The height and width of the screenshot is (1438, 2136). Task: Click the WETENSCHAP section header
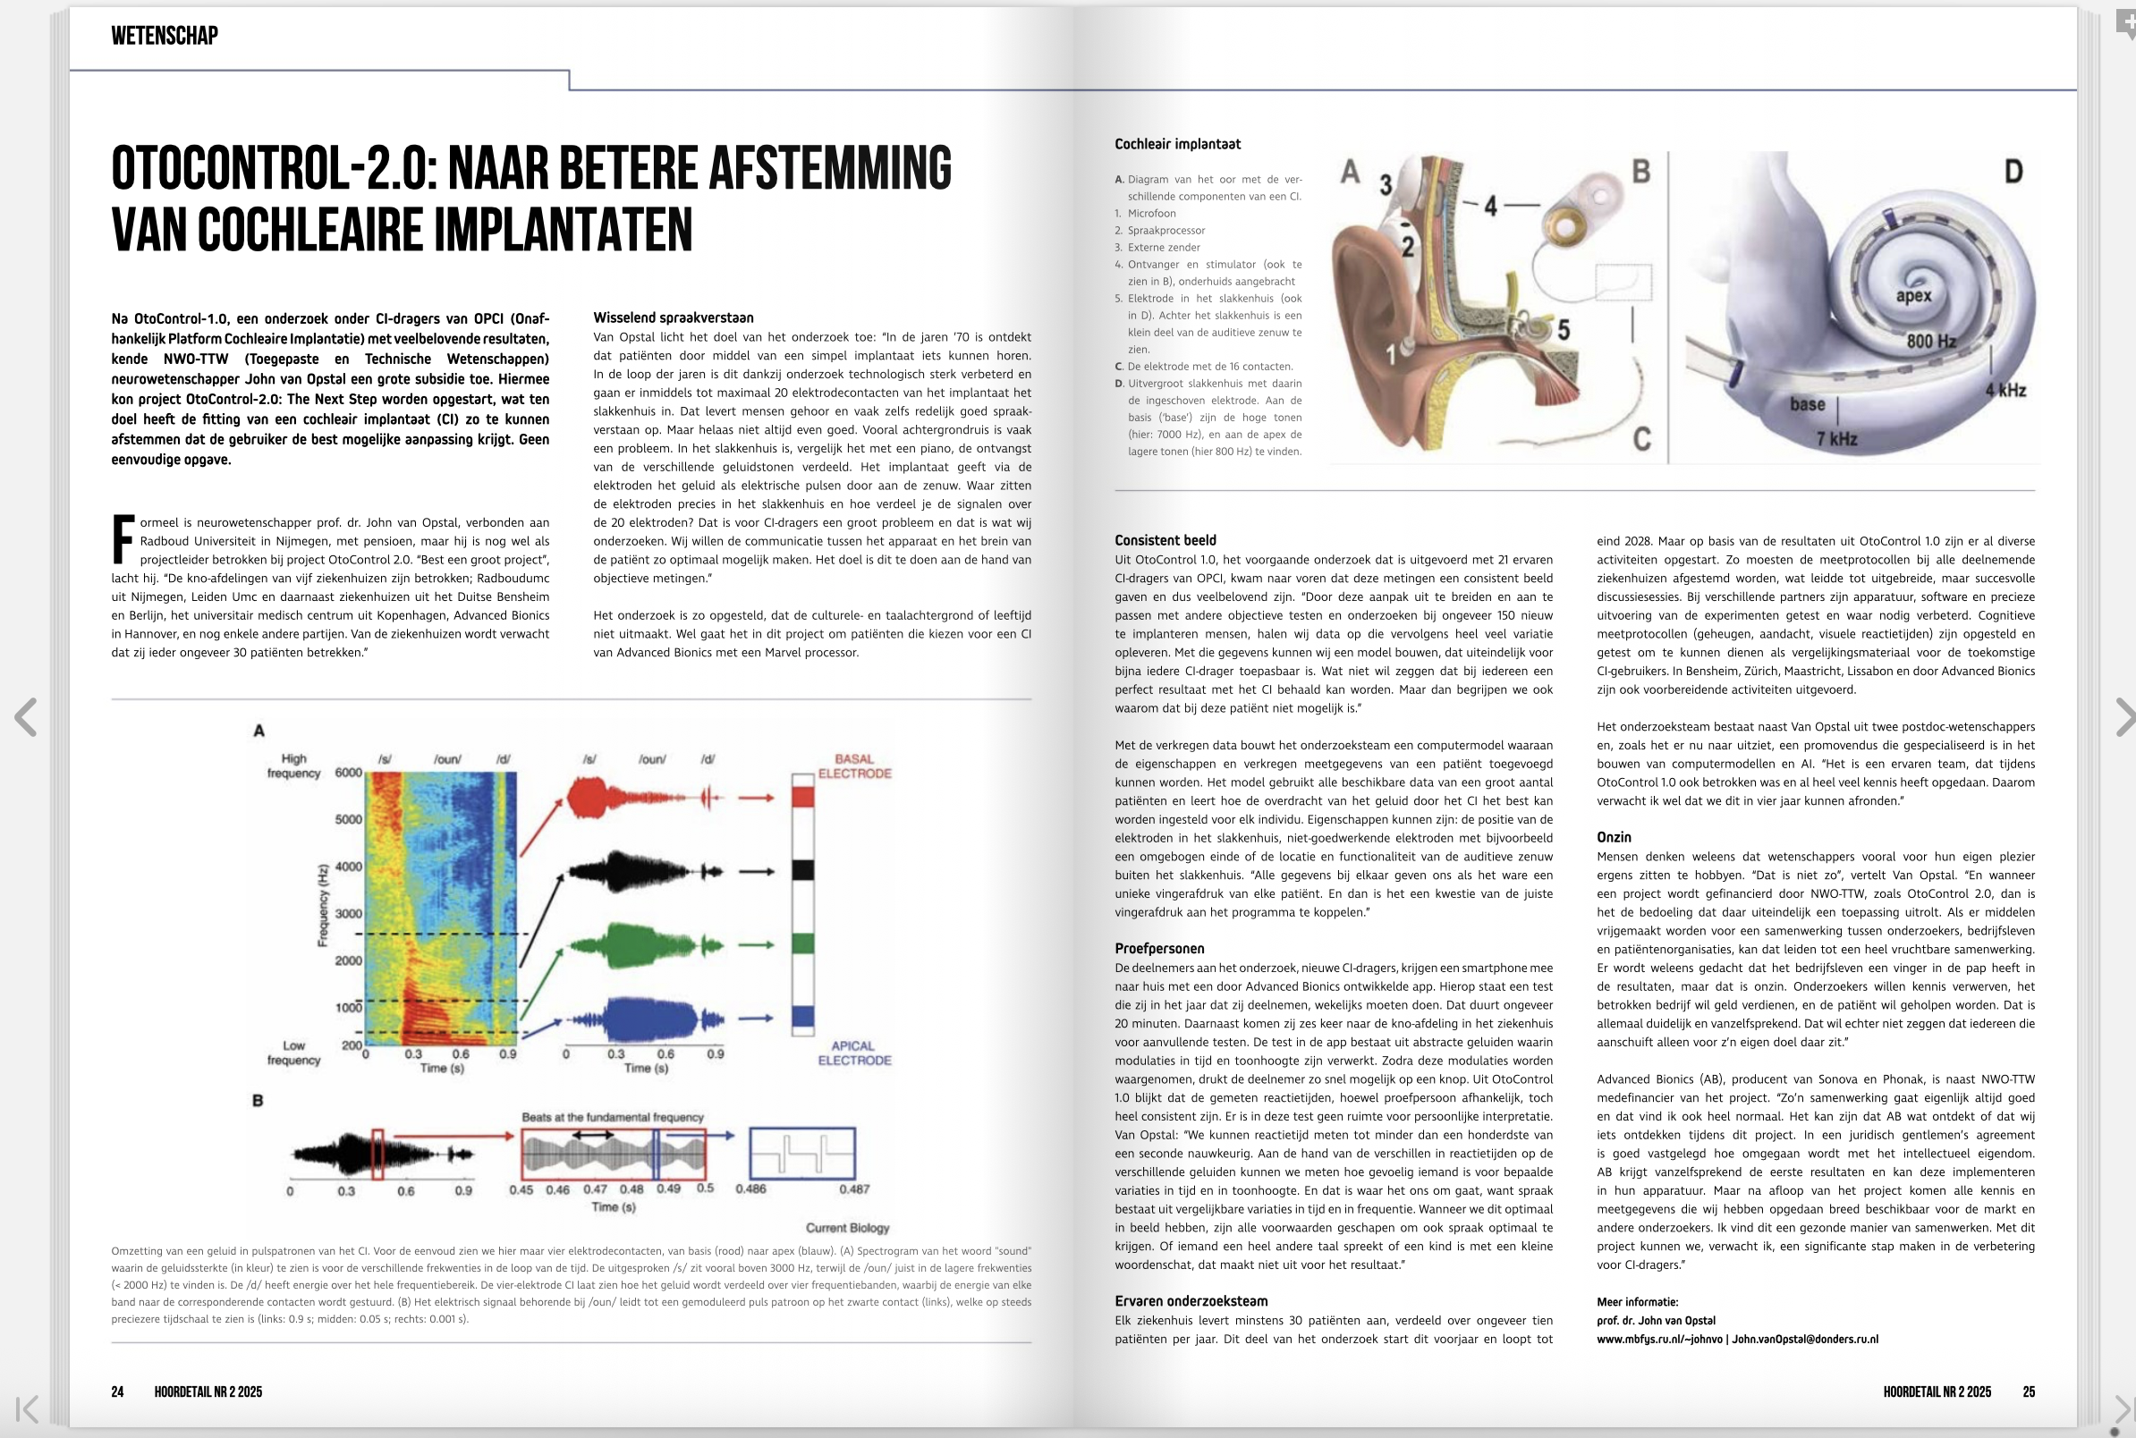[165, 36]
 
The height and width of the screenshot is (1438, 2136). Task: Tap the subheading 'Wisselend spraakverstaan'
[674, 317]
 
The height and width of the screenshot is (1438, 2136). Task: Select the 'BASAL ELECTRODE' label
[854, 766]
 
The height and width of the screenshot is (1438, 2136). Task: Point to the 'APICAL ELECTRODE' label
[854, 1053]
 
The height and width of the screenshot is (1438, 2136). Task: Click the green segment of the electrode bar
[802, 943]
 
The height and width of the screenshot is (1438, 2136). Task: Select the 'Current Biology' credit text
[847, 1227]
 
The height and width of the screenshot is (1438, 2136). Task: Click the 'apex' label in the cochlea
[1913, 295]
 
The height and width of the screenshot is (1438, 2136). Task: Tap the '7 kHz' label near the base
[1837, 438]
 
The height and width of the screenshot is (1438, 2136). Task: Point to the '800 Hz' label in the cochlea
[1931, 341]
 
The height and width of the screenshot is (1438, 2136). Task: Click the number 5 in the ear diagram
[1563, 328]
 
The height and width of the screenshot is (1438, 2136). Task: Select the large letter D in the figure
[2013, 172]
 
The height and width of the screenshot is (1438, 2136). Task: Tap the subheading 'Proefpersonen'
[1159, 948]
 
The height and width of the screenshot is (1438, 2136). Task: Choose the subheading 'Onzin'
[1614, 836]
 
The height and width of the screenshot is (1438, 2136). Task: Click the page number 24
[117, 1391]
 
